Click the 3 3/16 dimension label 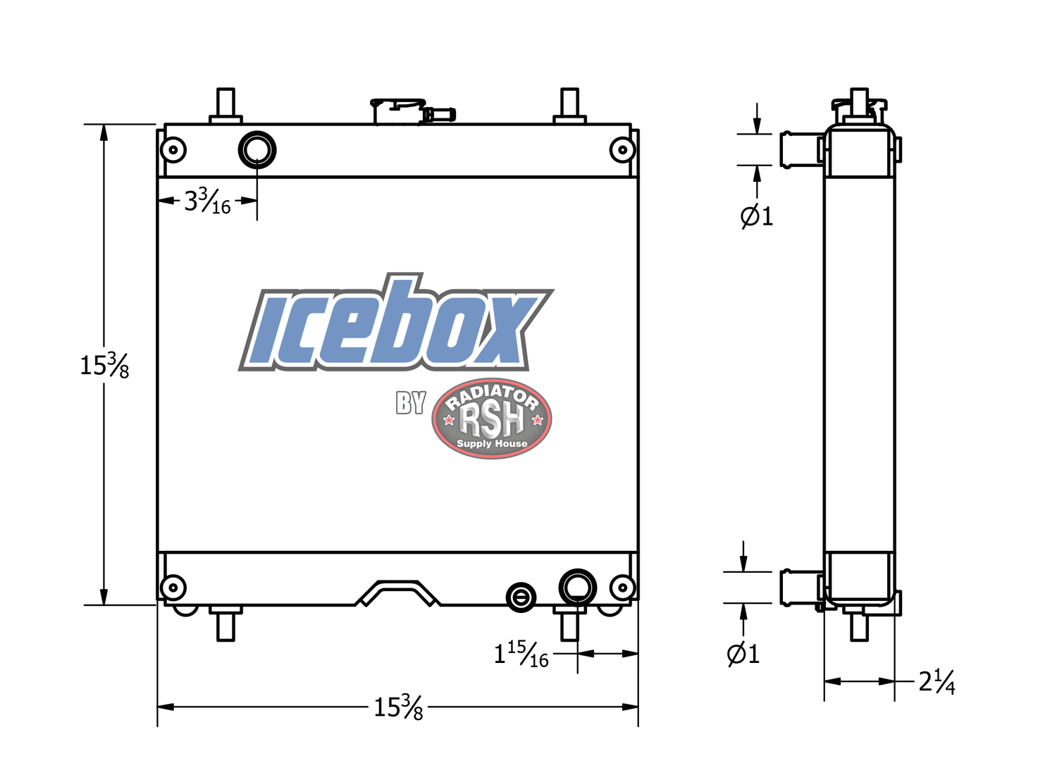(x=207, y=201)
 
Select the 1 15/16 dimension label (x=521, y=654)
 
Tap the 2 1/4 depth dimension (x=937, y=681)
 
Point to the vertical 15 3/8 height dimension (x=104, y=365)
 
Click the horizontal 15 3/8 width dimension (x=398, y=706)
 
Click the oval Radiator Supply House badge (x=491, y=419)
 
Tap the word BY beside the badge (x=411, y=403)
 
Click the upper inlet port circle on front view (x=257, y=149)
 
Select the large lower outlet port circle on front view (x=577, y=587)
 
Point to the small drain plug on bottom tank (x=521, y=598)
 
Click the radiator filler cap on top (x=399, y=111)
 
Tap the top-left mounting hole (x=173, y=149)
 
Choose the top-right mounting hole (x=622, y=149)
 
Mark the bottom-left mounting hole (x=173, y=587)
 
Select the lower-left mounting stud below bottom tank (x=225, y=624)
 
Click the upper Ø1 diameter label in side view (x=757, y=216)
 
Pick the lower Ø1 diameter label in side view (x=743, y=654)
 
